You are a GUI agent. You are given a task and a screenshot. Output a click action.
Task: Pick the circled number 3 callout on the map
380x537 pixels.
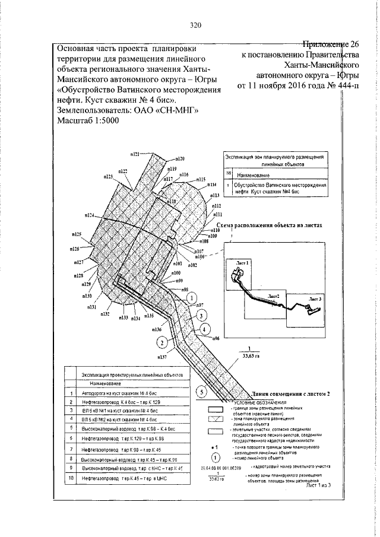coord(202,315)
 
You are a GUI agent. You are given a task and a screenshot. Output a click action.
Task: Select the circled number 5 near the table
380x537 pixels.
coord(202,391)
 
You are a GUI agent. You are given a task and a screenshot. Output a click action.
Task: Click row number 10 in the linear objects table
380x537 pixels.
coord(70,476)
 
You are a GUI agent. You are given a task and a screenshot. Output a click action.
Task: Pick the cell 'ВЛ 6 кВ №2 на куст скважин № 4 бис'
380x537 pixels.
coord(119,419)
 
